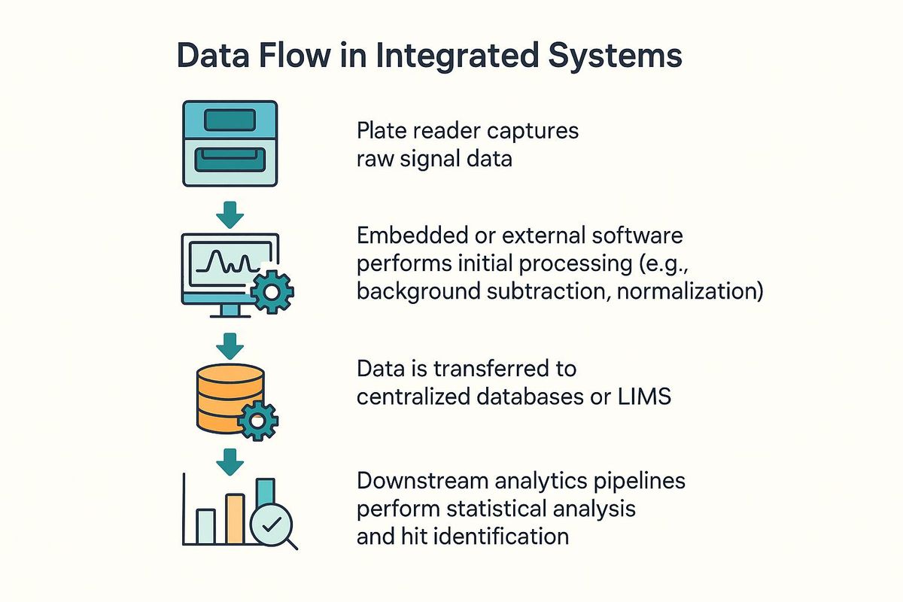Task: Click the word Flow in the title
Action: (x=295, y=55)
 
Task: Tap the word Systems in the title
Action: (x=616, y=57)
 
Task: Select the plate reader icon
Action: (x=230, y=144)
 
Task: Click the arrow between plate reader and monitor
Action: (x=230, y=215)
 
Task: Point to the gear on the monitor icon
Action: (x=272, y=292)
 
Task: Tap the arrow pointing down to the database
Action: (x=230, y=346)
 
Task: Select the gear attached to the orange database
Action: (x=257, y=421)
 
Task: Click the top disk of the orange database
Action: (x=230, y=374)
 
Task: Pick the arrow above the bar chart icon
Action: (x=230, y=462)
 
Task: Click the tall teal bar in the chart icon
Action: (x=266, y=492)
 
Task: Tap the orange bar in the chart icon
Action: (x=236, y=519)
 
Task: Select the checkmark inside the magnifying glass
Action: (x=272, y=524)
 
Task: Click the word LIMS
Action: (x=644, y=396)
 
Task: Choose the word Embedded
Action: (x=413, y=235)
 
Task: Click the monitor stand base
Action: (x=230, y=316)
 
